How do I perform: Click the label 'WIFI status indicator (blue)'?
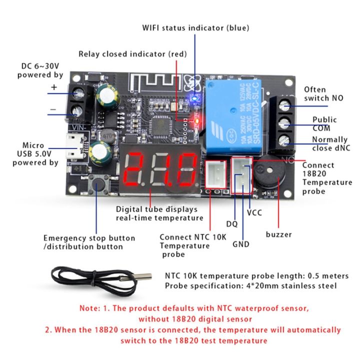click(x=195, y=28)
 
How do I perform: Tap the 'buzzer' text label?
click(x=279, y=234)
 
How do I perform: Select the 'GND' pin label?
click(x=240, y=245)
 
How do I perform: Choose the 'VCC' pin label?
click(x=254, y=212)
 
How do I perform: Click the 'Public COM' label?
click(x=324, y=123)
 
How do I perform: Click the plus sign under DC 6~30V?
click(x=53, y=87)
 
